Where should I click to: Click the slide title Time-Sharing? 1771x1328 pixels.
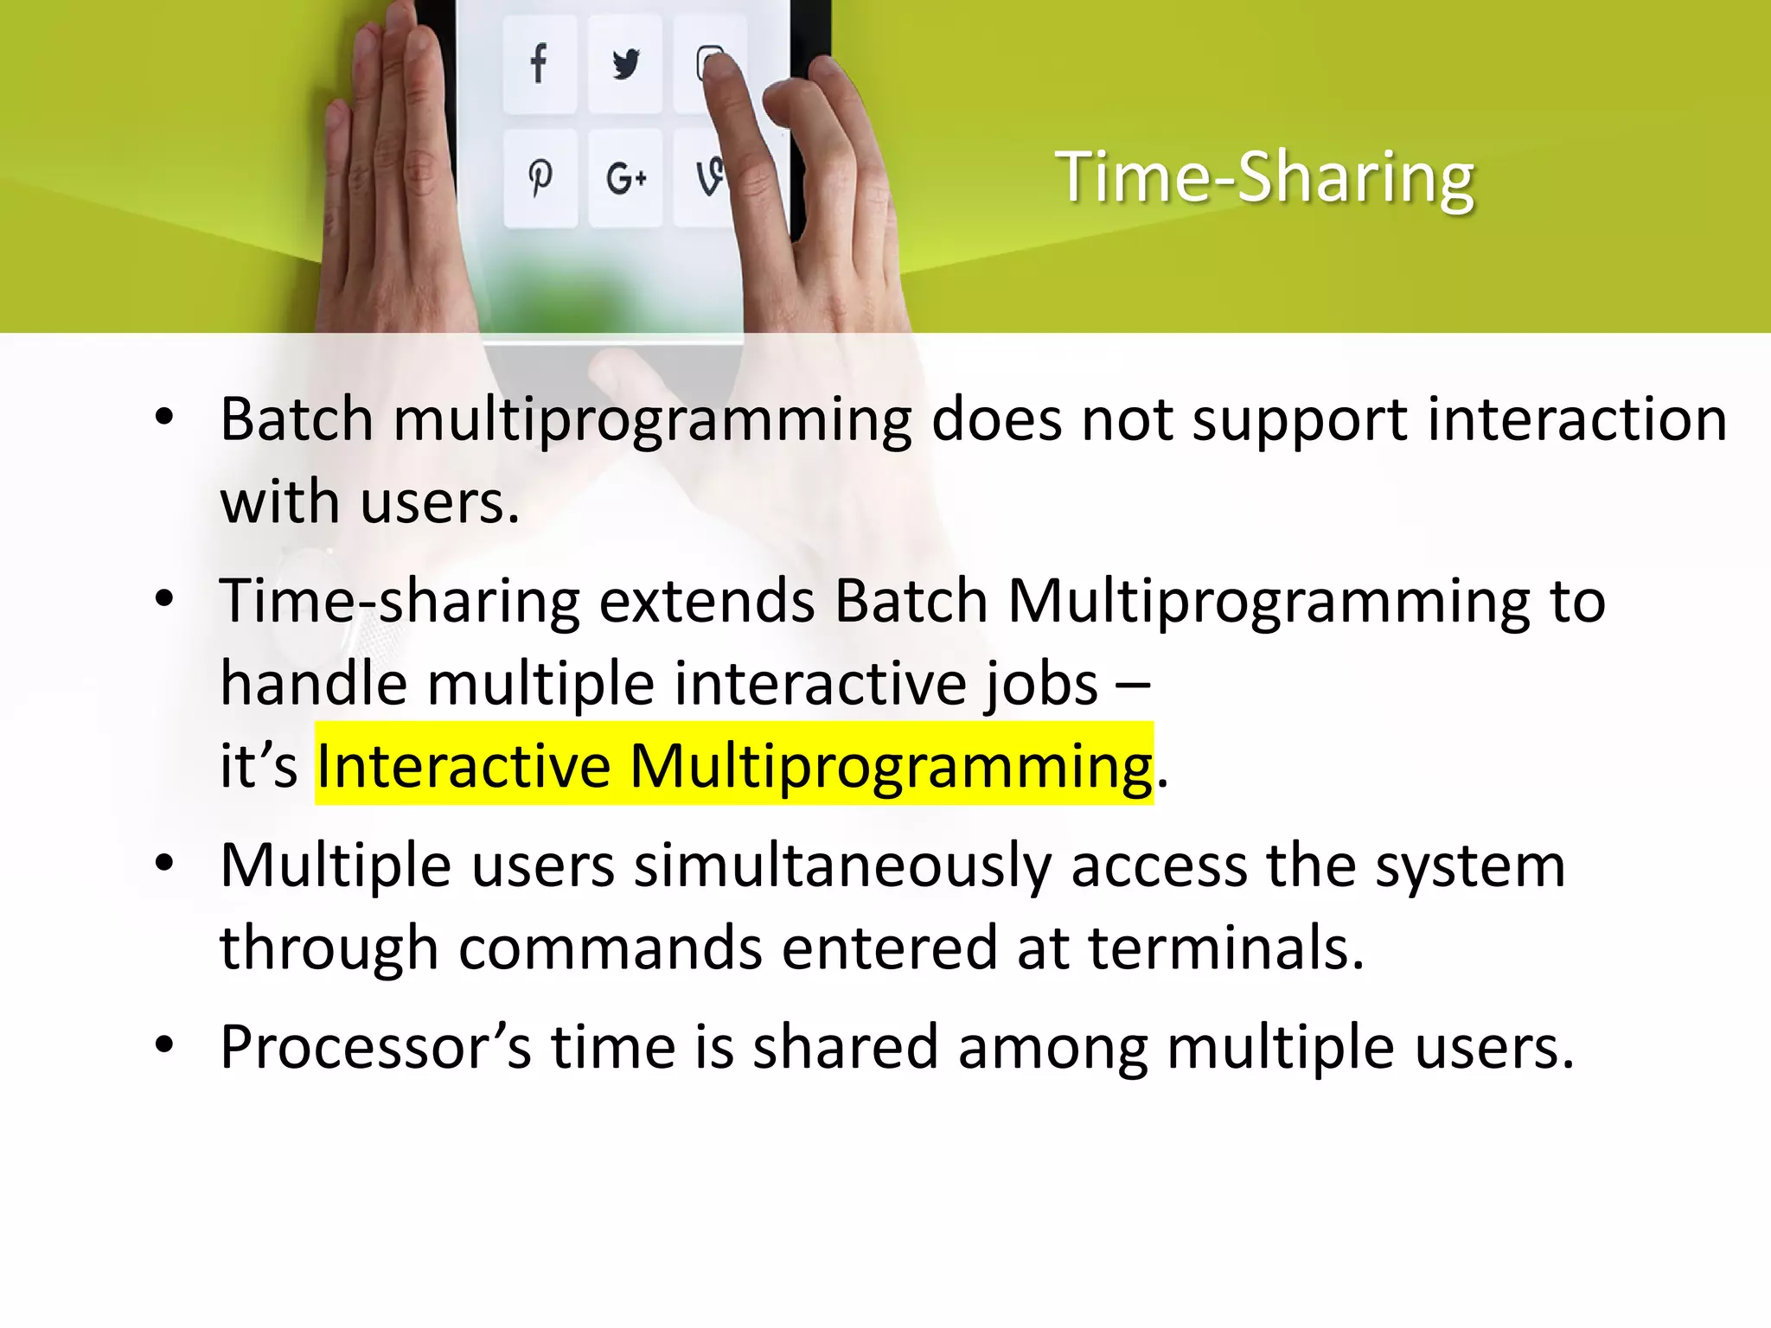[1264, 177]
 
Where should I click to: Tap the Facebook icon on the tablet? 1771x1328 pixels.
[539, 64]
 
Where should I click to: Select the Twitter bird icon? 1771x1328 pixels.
[625, 64]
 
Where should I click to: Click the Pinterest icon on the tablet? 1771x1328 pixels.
[540, 178]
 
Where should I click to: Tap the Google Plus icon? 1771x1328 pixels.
[625, 179]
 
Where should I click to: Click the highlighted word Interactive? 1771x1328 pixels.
[464, 765]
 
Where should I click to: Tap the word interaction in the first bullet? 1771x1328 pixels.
[1576, 419]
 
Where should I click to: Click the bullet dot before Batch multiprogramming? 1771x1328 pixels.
[164, 418]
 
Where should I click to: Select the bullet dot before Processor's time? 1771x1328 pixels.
[164, 1046]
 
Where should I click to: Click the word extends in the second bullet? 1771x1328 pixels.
[706, 601]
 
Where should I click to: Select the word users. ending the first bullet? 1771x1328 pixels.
[440, 502]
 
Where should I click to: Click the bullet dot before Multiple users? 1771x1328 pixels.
[164, 864]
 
